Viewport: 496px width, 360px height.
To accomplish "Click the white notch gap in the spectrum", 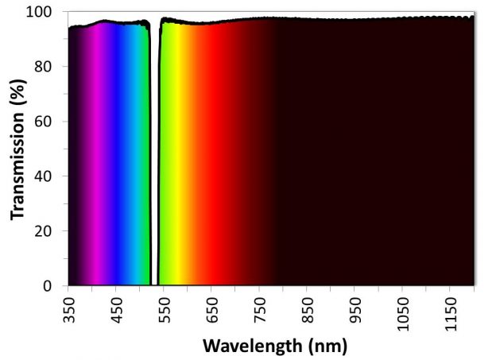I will [x=154, y=159].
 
